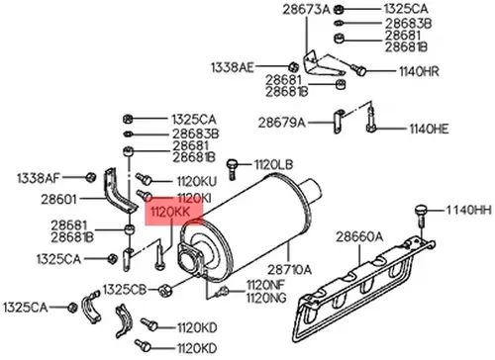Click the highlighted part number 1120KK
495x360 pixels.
point(170,212)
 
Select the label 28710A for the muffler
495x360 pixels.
point(289,270)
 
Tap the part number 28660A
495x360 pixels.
point(359,236)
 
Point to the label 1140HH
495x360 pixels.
point(469,210)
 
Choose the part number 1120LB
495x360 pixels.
point(273,164)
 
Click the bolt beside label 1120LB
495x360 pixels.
point(232,168)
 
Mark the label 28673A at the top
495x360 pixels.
point(306,10)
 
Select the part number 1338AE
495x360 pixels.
point(233,67)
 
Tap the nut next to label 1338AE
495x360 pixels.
point(293,67)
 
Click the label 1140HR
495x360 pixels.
point(419,71)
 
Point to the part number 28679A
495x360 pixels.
point(282,123)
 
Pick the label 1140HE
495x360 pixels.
point(429,129)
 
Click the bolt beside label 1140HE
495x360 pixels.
point(370,119)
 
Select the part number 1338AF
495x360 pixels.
point(39,178)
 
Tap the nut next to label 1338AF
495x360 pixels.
point(90,177)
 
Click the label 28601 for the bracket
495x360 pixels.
point(58,199)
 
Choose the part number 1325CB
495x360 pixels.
point(125,290)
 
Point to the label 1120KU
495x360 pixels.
point(197,181)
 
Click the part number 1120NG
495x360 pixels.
point(266,298)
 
